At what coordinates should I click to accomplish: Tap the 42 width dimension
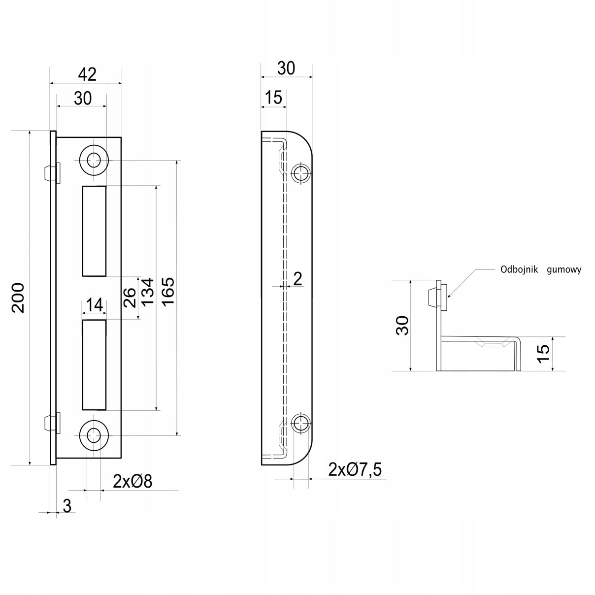(x=87, y=74)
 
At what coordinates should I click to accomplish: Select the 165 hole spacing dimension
(x=168, y=292)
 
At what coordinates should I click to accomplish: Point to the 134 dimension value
(x=147, y=292)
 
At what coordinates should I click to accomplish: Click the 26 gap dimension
(x=130, y=297)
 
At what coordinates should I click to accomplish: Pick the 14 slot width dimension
(x=95, y=305)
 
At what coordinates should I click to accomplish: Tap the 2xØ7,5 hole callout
(x=355, y=469)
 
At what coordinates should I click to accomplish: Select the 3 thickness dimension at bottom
(x=67, y=506)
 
